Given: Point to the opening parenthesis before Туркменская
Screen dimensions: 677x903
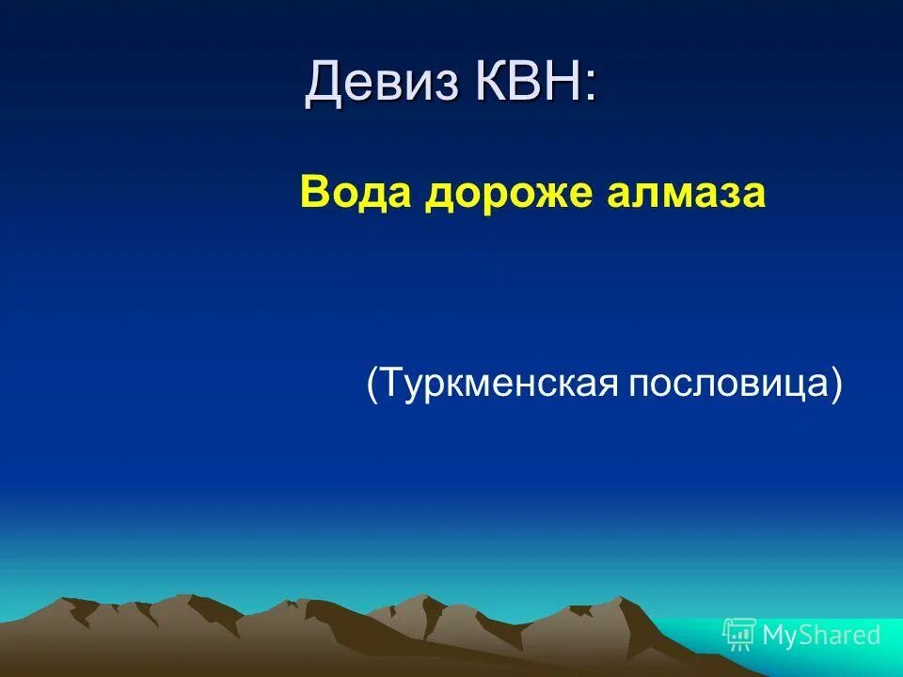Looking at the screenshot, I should (x=373, y=385).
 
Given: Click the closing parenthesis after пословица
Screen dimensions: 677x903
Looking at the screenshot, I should (x=835, y=385).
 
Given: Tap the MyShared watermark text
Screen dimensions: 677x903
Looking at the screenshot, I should (x=821, y=636).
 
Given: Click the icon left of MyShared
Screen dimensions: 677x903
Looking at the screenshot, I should (x=739, y=635).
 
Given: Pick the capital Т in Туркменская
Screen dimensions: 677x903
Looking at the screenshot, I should (x=391, y=385).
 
